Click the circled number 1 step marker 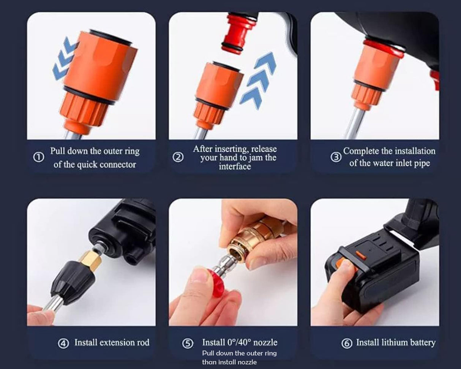pos(38,158)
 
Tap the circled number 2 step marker pos(178,157)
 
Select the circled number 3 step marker pos(336,157)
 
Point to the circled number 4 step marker pos(63,343)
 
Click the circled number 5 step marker pos(188,344)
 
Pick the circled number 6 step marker pos(346,344)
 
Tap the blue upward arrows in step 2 pos(259,80)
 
